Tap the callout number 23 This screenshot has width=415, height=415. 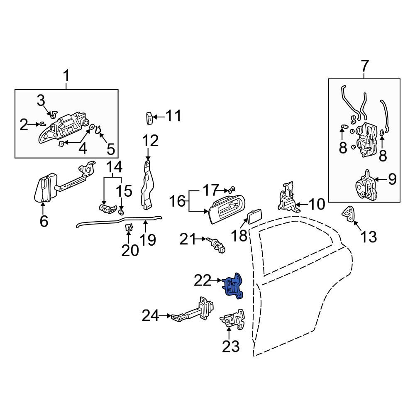(230, 346)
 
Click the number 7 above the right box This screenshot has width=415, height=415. (364, 66)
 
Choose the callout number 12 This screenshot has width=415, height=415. (150, 141)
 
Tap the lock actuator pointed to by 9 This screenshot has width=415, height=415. (365, 185)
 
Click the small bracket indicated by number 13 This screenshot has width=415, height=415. (349, 213)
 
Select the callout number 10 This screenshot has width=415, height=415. (317, 204)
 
